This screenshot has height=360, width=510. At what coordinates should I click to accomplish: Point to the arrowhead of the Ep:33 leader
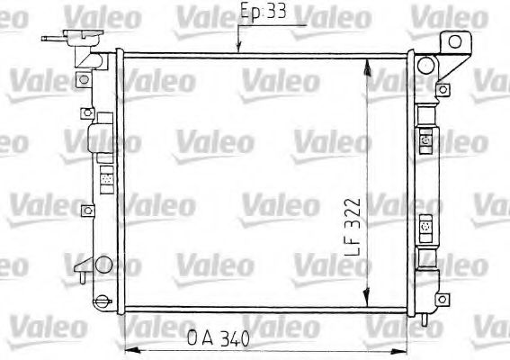point(238,50)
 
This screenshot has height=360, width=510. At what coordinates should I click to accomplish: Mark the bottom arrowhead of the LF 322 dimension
point(366,302)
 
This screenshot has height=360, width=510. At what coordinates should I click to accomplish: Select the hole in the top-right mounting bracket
point(455,40)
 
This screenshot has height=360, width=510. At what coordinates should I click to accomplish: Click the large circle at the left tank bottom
point(104,265)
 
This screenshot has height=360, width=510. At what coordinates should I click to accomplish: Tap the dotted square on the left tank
point(104,179)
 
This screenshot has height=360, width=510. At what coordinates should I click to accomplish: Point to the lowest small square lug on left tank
point(86,211)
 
